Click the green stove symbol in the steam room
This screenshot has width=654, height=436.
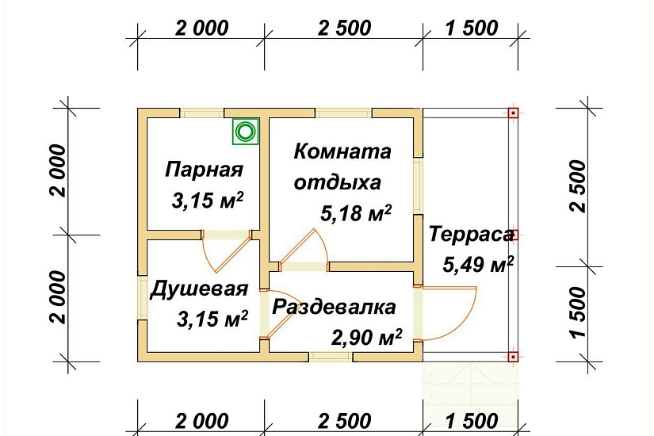[x=246, y=132]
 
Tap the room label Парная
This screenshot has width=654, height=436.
[x=204, y=170]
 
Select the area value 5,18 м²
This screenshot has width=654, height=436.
[x=357, y=213]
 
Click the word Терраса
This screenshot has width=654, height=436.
[x=472, y=235]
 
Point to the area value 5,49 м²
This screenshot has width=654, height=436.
[x=479, y=265]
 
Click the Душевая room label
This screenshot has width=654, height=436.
[x=200, y=289]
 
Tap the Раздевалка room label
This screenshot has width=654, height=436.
[x=334, y=307]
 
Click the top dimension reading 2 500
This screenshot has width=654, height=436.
[x=344, y=29]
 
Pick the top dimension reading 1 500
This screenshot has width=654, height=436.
[x=472, y=29]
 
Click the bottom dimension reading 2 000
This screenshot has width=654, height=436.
[x=201, y=421]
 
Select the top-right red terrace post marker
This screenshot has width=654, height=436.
[x=513, y=113]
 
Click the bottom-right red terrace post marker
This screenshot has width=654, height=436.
[x=513, y=357]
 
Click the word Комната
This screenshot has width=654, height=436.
[x=342, y=151]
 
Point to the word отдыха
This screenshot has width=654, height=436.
[x=337, y=182]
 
